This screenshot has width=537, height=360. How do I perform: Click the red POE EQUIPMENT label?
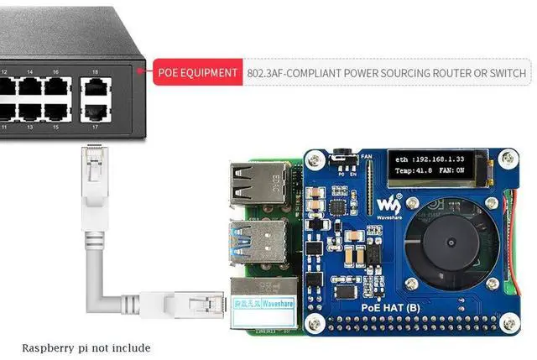[197, 73]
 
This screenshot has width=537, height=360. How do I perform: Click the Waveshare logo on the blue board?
[391, 205]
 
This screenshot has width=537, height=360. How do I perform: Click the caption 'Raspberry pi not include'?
[86, 347]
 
